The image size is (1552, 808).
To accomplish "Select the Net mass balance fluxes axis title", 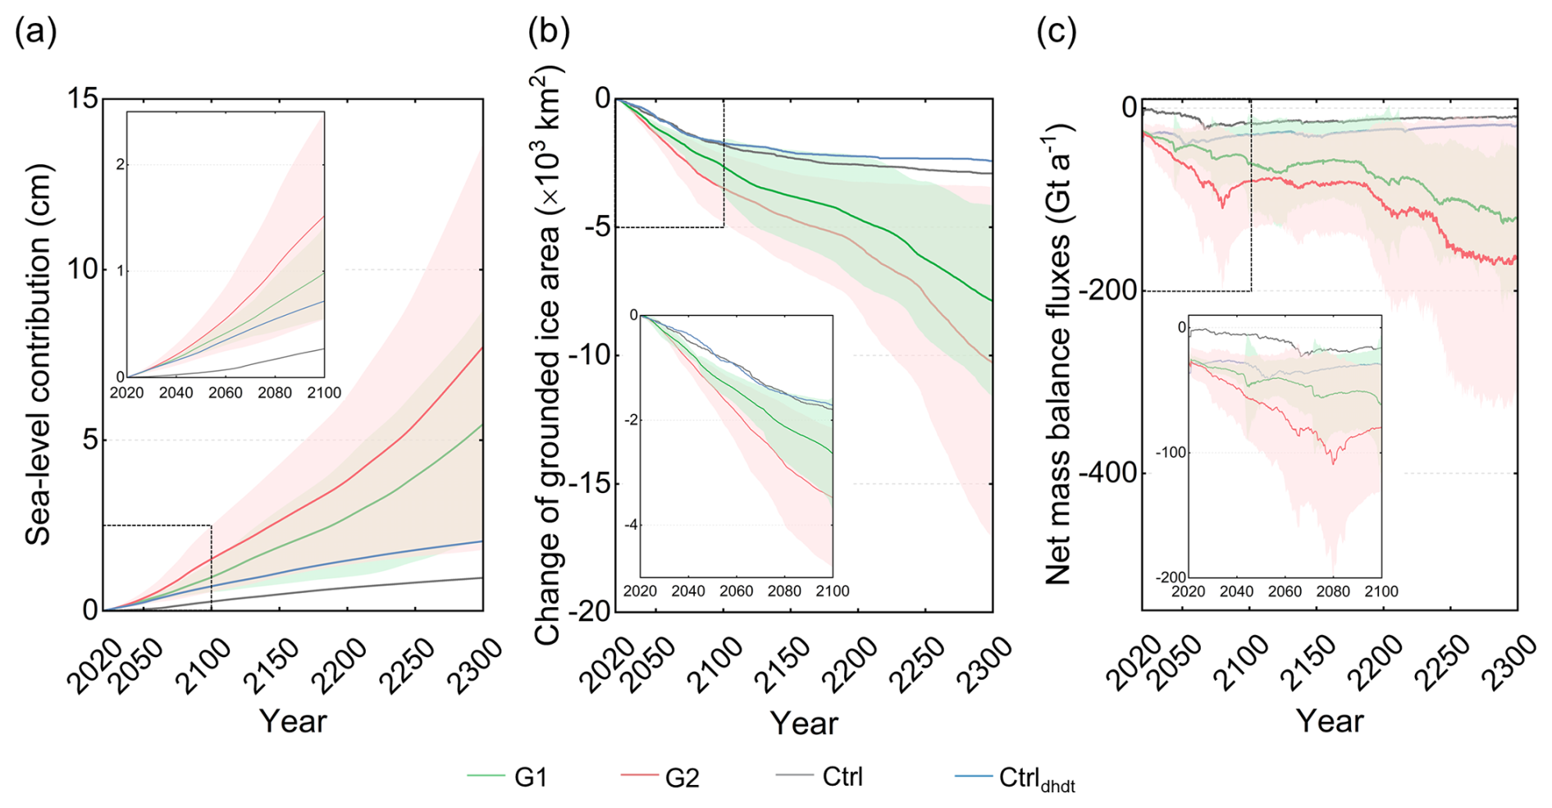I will tap(1059, 354).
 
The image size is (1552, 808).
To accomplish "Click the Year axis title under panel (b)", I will tap(804, 723).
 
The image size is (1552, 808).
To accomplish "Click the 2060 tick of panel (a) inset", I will tap(225, 393).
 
